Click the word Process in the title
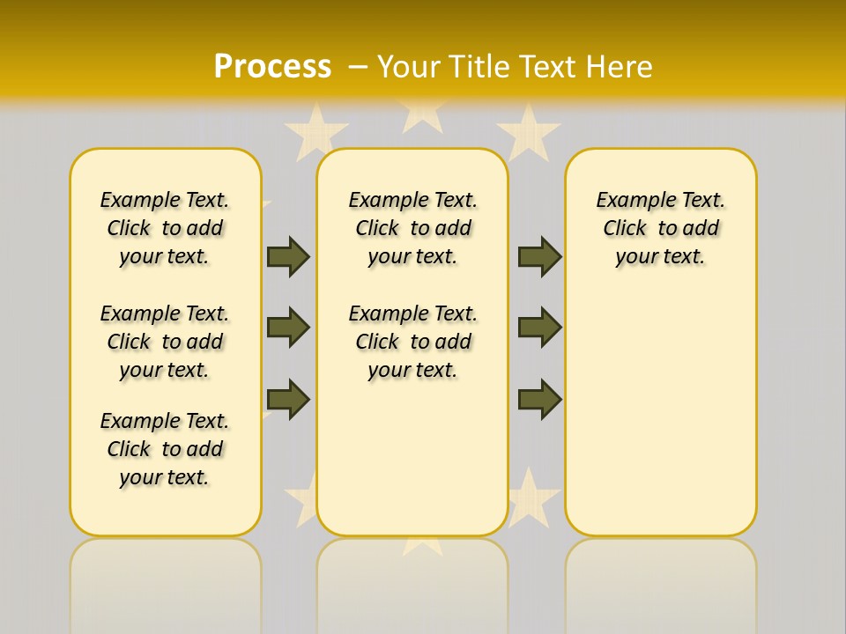click(x=272, y=66)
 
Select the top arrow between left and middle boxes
click(x=288, y=256)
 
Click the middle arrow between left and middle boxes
click(x=288, y=328)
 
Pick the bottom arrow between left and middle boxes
click(x=288, y=398)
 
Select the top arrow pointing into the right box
click(x=539, y=256)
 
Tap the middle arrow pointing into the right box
click(x=539, y=328)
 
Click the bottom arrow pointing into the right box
click(x=539, y=398)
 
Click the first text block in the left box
click(x=165, y=228)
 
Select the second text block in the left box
click(x=165, y=342)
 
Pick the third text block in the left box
click(x=165, y=449)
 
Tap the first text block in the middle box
click(x=412, y=228)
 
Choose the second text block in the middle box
click(x=412, y=342)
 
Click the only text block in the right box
click(x=660, y=228)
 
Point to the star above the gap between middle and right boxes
click(x=529, y=130)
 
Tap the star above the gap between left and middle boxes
click(x=316, y=130)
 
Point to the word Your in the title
click(x=407, y=67)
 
